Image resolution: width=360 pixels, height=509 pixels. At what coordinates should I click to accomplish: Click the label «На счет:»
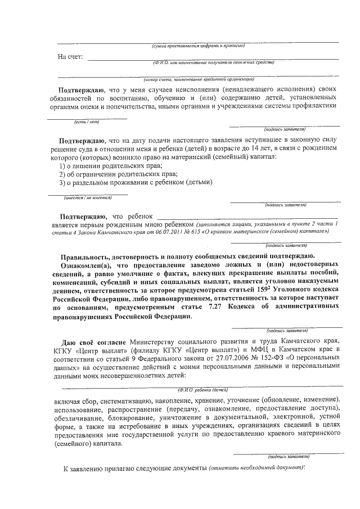[70, 57]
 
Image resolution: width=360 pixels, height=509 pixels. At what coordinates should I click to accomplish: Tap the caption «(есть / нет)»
[87, 121]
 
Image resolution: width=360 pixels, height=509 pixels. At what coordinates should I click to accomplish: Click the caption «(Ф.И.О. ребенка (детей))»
[202, 389]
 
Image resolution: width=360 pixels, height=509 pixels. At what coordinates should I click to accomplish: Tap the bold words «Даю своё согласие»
[95, 341]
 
